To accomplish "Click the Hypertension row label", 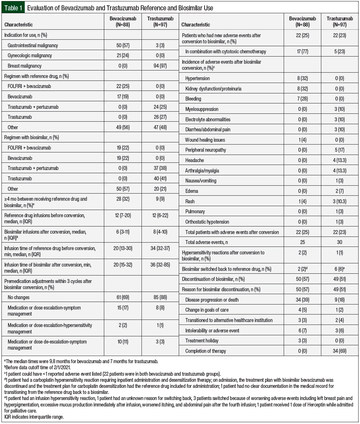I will pyautogui.click(x=197, y=78).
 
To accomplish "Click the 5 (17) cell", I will pyautogui.click(x=339, y=150).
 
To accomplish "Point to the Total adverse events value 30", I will pyautogui.click(x=339, y=242).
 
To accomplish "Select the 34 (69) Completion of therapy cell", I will pyautogui.click(x=339, y=351).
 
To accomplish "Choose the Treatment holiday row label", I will pyautogui.click(x=202, y=341).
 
